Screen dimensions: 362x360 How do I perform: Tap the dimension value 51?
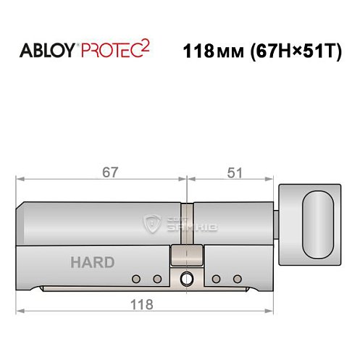233,172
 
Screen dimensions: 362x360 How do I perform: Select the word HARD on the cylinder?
92,262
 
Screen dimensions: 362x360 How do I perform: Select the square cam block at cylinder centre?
185,256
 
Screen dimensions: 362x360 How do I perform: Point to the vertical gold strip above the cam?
186,224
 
